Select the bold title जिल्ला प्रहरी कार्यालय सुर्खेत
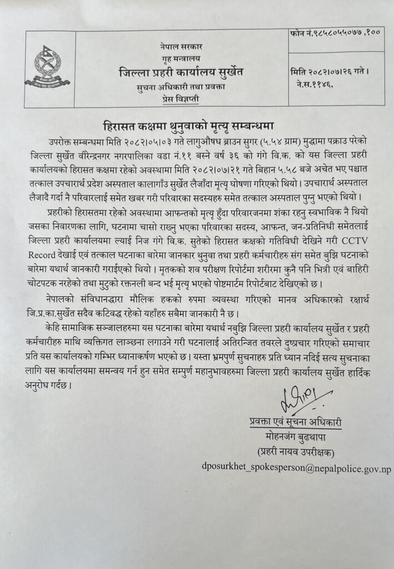[181, 72]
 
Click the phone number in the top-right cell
[336, 35]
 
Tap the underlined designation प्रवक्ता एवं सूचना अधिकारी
[295, 422]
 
